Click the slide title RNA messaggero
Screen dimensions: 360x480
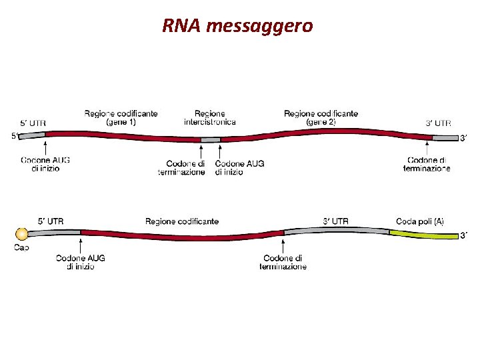tap(237, 27)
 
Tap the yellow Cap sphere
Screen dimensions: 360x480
tap(21, 234)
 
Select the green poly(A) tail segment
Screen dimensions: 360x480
tap(423, 233)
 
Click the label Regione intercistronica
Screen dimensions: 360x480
tap(210, 118)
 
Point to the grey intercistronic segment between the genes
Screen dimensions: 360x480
tap(211, 139)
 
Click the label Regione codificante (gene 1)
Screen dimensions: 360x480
tap(121, 118)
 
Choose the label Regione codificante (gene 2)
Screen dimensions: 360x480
tap(321, 118)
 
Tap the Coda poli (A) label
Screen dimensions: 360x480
tap(420, 221)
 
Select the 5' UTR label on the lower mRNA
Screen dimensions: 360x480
tap(51, 221)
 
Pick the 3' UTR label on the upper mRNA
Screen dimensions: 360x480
tap(438, 123)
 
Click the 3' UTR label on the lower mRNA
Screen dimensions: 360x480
tap(335, 221)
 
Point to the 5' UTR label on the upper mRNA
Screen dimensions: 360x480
tap(33, 123)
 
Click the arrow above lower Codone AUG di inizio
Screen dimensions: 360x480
tap(81, 245)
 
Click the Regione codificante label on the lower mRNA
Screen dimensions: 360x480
tap(181, 221)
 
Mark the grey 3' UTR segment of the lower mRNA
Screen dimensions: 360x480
tap(337, 231)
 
